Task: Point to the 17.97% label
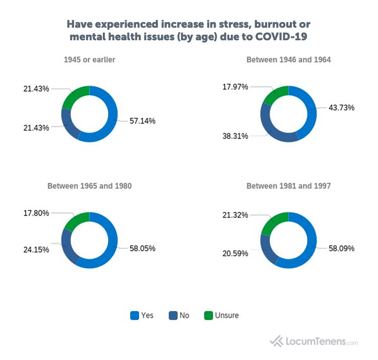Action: (x=235, y=87)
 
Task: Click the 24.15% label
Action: (x=36, y=250)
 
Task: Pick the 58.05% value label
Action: (x=141, y=248)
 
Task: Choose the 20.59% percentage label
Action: (x=235, y=254)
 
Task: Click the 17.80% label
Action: (x=36, y=213)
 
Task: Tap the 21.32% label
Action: (x=235, y=215)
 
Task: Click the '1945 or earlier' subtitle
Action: (x=89, y=60)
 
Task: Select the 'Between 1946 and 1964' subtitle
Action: (x=288, y=60)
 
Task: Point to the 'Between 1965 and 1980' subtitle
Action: (x=89, y=186)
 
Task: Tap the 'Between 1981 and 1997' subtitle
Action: (x=288, y=186)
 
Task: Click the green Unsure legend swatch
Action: (x=208, y=316)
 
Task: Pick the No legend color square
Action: (x=172, y=316)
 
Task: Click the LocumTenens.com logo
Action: (x=314, y=341)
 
